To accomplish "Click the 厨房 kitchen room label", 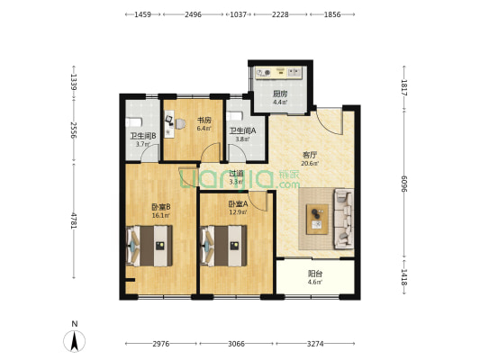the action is [280, 94].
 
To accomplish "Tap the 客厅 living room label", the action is [310, 155].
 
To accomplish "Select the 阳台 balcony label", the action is [314, 274].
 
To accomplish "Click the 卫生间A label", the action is [242, 130].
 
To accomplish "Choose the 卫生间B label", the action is [143, 136].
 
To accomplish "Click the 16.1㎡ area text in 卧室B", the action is [161, 215].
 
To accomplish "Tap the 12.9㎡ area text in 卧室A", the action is [239, 211].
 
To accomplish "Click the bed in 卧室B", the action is [149, 246].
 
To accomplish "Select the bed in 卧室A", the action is [223, 246].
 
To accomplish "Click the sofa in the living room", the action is [344, 219].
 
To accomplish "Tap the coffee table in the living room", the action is [318, 220].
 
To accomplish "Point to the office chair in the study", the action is [180, 124].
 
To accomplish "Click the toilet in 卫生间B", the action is [134, 122].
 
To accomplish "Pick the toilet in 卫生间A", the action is [234, 116].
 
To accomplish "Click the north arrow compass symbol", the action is [74, 341].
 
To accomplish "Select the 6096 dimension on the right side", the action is [404, 184].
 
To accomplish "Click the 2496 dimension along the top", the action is [193, 14].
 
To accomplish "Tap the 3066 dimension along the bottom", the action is [236, 344].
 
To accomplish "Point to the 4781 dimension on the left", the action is [74, 220].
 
